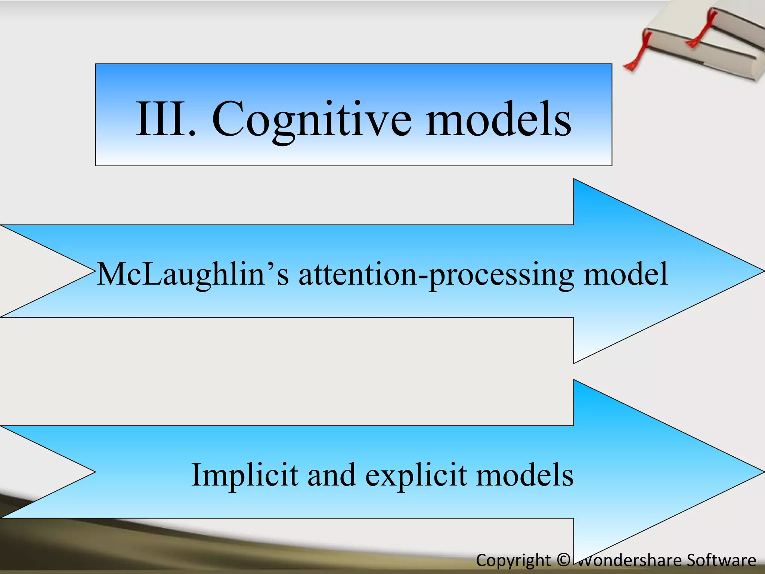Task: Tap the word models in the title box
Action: coord(498,119)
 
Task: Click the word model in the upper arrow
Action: coord(626,274)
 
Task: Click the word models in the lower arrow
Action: coord(525,475)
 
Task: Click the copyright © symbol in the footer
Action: coord(563,560)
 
